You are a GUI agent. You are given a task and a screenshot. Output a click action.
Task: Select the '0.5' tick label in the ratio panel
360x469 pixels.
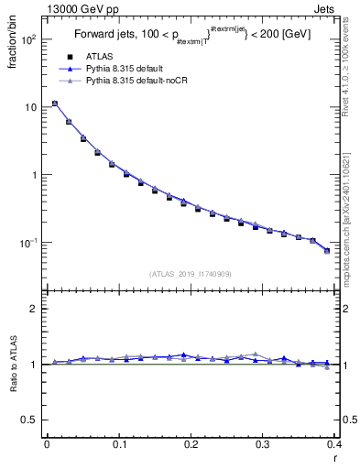[29, 420]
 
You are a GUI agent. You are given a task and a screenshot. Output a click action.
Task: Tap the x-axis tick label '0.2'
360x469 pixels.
[191, 445]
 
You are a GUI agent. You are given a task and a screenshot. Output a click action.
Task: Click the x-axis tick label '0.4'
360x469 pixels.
[334, 445]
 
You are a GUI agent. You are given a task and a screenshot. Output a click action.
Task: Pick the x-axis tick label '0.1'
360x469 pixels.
[119, 445]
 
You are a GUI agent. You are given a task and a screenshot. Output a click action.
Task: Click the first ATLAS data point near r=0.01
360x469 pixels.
[54, 104]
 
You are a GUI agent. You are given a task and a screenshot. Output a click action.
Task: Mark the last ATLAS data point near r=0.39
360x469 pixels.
[327, 250]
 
